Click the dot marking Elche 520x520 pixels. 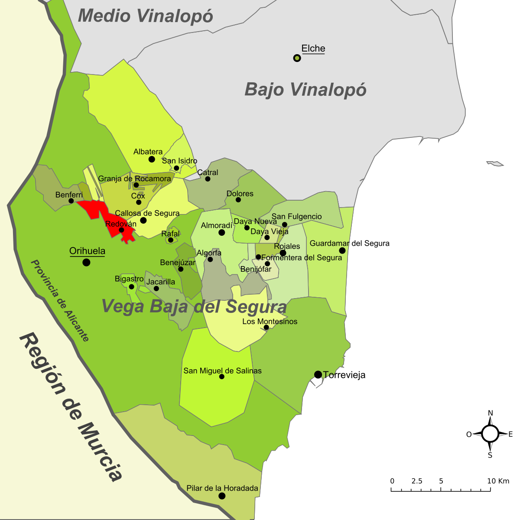[x=297, y=58]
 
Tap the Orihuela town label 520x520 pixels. [x=87, y=251]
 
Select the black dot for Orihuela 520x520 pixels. [x=86, y=262]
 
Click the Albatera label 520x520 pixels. [x=148, y=152]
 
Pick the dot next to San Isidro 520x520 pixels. [x=176, y=168]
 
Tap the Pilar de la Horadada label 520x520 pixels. [x=222, y=488]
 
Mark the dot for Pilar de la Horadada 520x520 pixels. [x=222, y=496]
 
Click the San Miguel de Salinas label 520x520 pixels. [x=222, y=371]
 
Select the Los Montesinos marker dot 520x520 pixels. [x=266, y=328]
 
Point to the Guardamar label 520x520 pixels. [x=329, y=244]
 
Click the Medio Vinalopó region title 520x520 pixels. [x=145, y=16]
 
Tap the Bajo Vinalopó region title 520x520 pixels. [x=305, y=90]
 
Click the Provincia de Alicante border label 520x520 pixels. [x=60, y=301]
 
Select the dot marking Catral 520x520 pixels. [x=208, y=179]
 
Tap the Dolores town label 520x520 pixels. [x=240, y=194]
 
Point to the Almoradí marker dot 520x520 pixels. [x=221, y=233]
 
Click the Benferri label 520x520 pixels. [x=69, y=195]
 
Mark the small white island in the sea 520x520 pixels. [x=495, y=163]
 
